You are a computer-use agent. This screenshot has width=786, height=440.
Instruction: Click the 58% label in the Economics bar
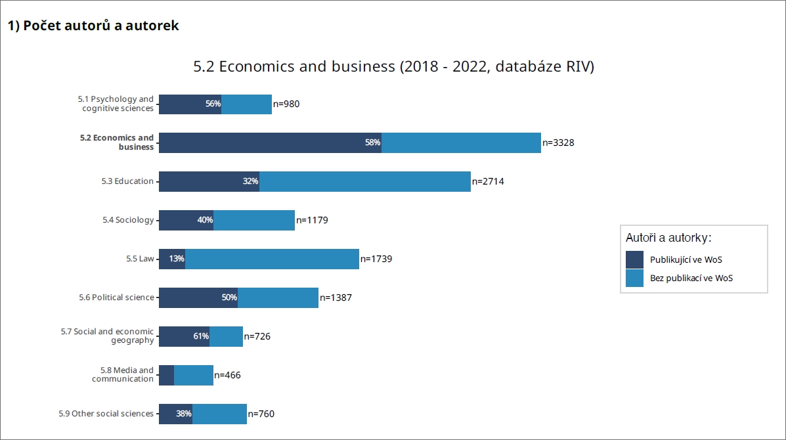[373, 143]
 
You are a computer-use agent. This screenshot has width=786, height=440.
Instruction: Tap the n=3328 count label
[558, 143]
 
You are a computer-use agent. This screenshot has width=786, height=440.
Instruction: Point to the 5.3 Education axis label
[127, 181]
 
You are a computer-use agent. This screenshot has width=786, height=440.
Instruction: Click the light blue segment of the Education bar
[365, 181]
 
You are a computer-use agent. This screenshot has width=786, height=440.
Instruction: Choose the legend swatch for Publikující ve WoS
[634, 259]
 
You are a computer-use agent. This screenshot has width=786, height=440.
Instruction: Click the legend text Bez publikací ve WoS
[691, 278]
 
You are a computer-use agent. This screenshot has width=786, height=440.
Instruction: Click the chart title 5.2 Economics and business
[393, 67]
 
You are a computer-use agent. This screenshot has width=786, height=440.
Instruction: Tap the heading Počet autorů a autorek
[93, 26]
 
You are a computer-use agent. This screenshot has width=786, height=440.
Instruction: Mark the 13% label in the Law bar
[177, 259]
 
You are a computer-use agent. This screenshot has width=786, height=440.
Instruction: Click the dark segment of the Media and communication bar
[166, 376]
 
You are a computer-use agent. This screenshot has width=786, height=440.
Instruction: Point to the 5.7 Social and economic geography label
[107, 336]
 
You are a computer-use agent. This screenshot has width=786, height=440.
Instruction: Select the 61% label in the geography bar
[201, 336]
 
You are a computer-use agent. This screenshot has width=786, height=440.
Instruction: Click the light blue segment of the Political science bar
[278, 297]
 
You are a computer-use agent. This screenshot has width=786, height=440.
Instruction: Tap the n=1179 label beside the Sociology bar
[312, 220]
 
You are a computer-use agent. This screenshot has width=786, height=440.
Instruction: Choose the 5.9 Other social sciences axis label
[106, 414]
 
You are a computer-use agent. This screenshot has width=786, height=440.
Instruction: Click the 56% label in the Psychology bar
[213, 104]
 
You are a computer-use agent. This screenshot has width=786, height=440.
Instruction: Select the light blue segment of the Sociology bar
[254, 220]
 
